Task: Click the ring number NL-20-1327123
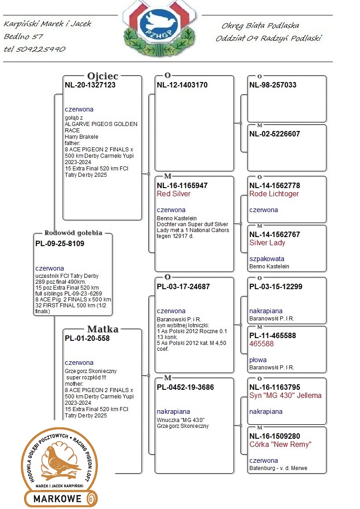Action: coord(90,85)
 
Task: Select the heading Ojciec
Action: coord(102,76)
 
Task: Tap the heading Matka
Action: coord(103,329)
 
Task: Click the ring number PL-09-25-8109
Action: coord(60,243)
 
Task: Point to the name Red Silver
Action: coord(174,194)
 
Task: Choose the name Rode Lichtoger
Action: coord(274,194)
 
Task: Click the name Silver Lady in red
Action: coord(267,243)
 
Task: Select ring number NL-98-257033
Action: coord(273,85)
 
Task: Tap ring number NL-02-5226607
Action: coord(275,134)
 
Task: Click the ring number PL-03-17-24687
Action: coord(184,286)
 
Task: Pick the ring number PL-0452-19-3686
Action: coord(185,387)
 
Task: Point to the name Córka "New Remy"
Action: coord(280,444)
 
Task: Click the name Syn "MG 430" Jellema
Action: coord(285,395)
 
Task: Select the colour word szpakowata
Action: coord(267,259)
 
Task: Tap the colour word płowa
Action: coord(258,360)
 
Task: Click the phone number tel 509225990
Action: coord(34,49)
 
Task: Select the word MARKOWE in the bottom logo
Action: coord(57,499)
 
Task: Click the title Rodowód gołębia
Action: coord(73,233)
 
